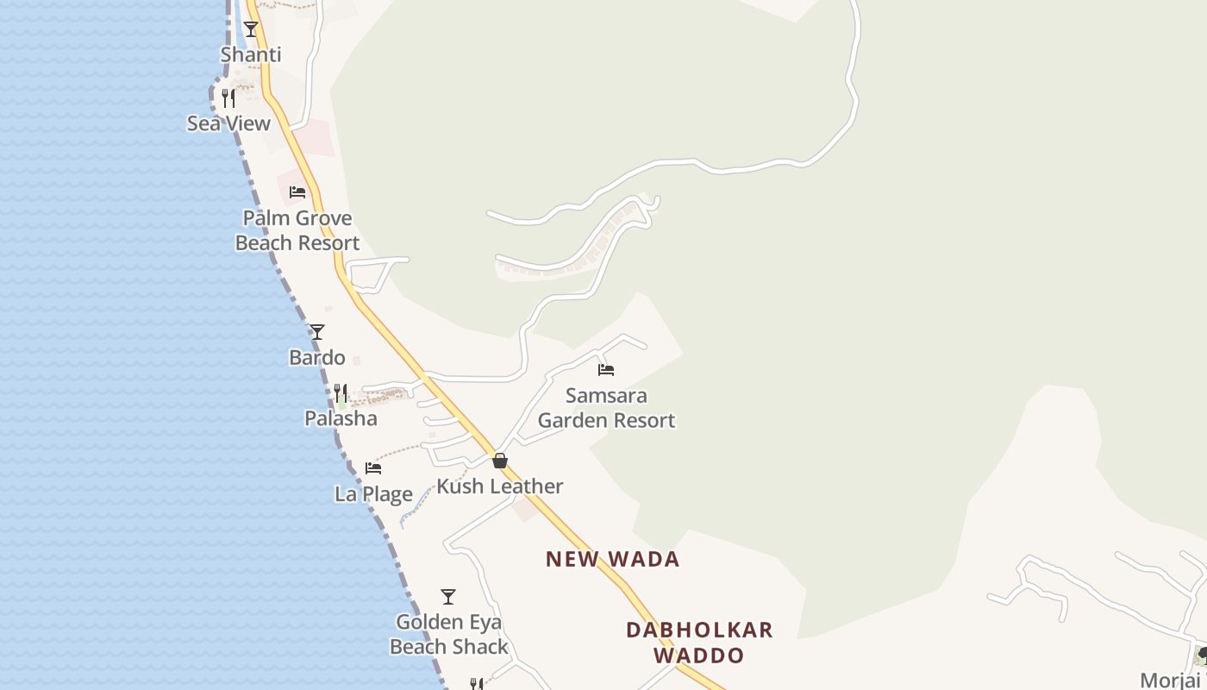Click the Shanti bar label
tap(251, 54)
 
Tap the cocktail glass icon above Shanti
tap(251, 29)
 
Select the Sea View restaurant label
tap(229, 123)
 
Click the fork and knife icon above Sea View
tap(228, 98)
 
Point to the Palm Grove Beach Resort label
tap(297, 230)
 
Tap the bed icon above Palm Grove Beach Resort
tap(297, 191)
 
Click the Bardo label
tap(317, 357)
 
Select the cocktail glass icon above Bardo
tap(317, 332)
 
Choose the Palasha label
tap(341, 418)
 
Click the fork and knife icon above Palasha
tap(341, 393)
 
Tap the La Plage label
tap(373, 494)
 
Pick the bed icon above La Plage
tap(373, 468)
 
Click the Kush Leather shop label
tap(500, 486)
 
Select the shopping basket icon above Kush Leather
tap(500, 461)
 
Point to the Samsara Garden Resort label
tap(606, 408)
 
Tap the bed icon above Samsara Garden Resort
tap(606, 370)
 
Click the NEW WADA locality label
tap(613, 559)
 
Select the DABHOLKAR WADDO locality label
tap(699, 643)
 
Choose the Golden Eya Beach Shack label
tap(449, 634)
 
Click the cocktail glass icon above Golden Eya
tap(448, 596)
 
